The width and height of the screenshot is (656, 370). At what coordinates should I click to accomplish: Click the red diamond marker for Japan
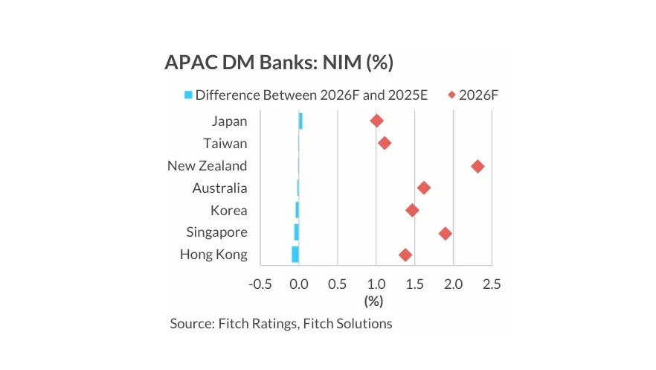click(376, 121)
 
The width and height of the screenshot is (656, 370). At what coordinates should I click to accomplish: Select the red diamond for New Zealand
click(477, 166)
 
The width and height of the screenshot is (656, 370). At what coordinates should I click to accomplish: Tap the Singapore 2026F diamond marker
click(445, 233)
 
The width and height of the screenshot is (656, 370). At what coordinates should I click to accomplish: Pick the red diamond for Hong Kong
click(405, 255)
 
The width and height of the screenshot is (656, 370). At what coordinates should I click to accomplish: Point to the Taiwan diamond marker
click(384, 143)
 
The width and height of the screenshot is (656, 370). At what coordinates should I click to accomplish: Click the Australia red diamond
click(423, 188)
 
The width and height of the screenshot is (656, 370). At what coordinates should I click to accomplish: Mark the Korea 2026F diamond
click(412, 211)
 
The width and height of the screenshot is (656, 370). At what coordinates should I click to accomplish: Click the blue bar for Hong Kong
click(295, 255)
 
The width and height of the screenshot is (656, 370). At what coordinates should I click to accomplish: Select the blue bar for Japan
click(300, 121)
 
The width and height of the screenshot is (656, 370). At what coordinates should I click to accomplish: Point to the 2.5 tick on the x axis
click(492, 284)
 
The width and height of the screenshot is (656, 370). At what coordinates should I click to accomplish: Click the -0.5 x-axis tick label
click(260, 284)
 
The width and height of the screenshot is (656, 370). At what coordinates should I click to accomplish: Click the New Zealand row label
click(208, 166)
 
